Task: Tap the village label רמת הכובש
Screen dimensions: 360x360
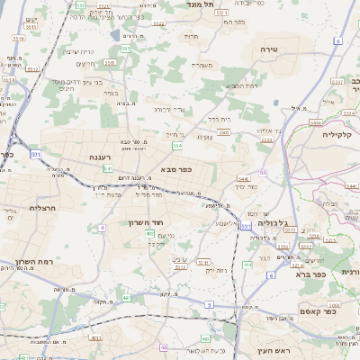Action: (243, 85)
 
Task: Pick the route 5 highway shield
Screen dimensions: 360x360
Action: (210, 305)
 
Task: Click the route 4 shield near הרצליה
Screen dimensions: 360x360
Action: (102, 228)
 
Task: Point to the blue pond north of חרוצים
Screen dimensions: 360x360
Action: (125, 36)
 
